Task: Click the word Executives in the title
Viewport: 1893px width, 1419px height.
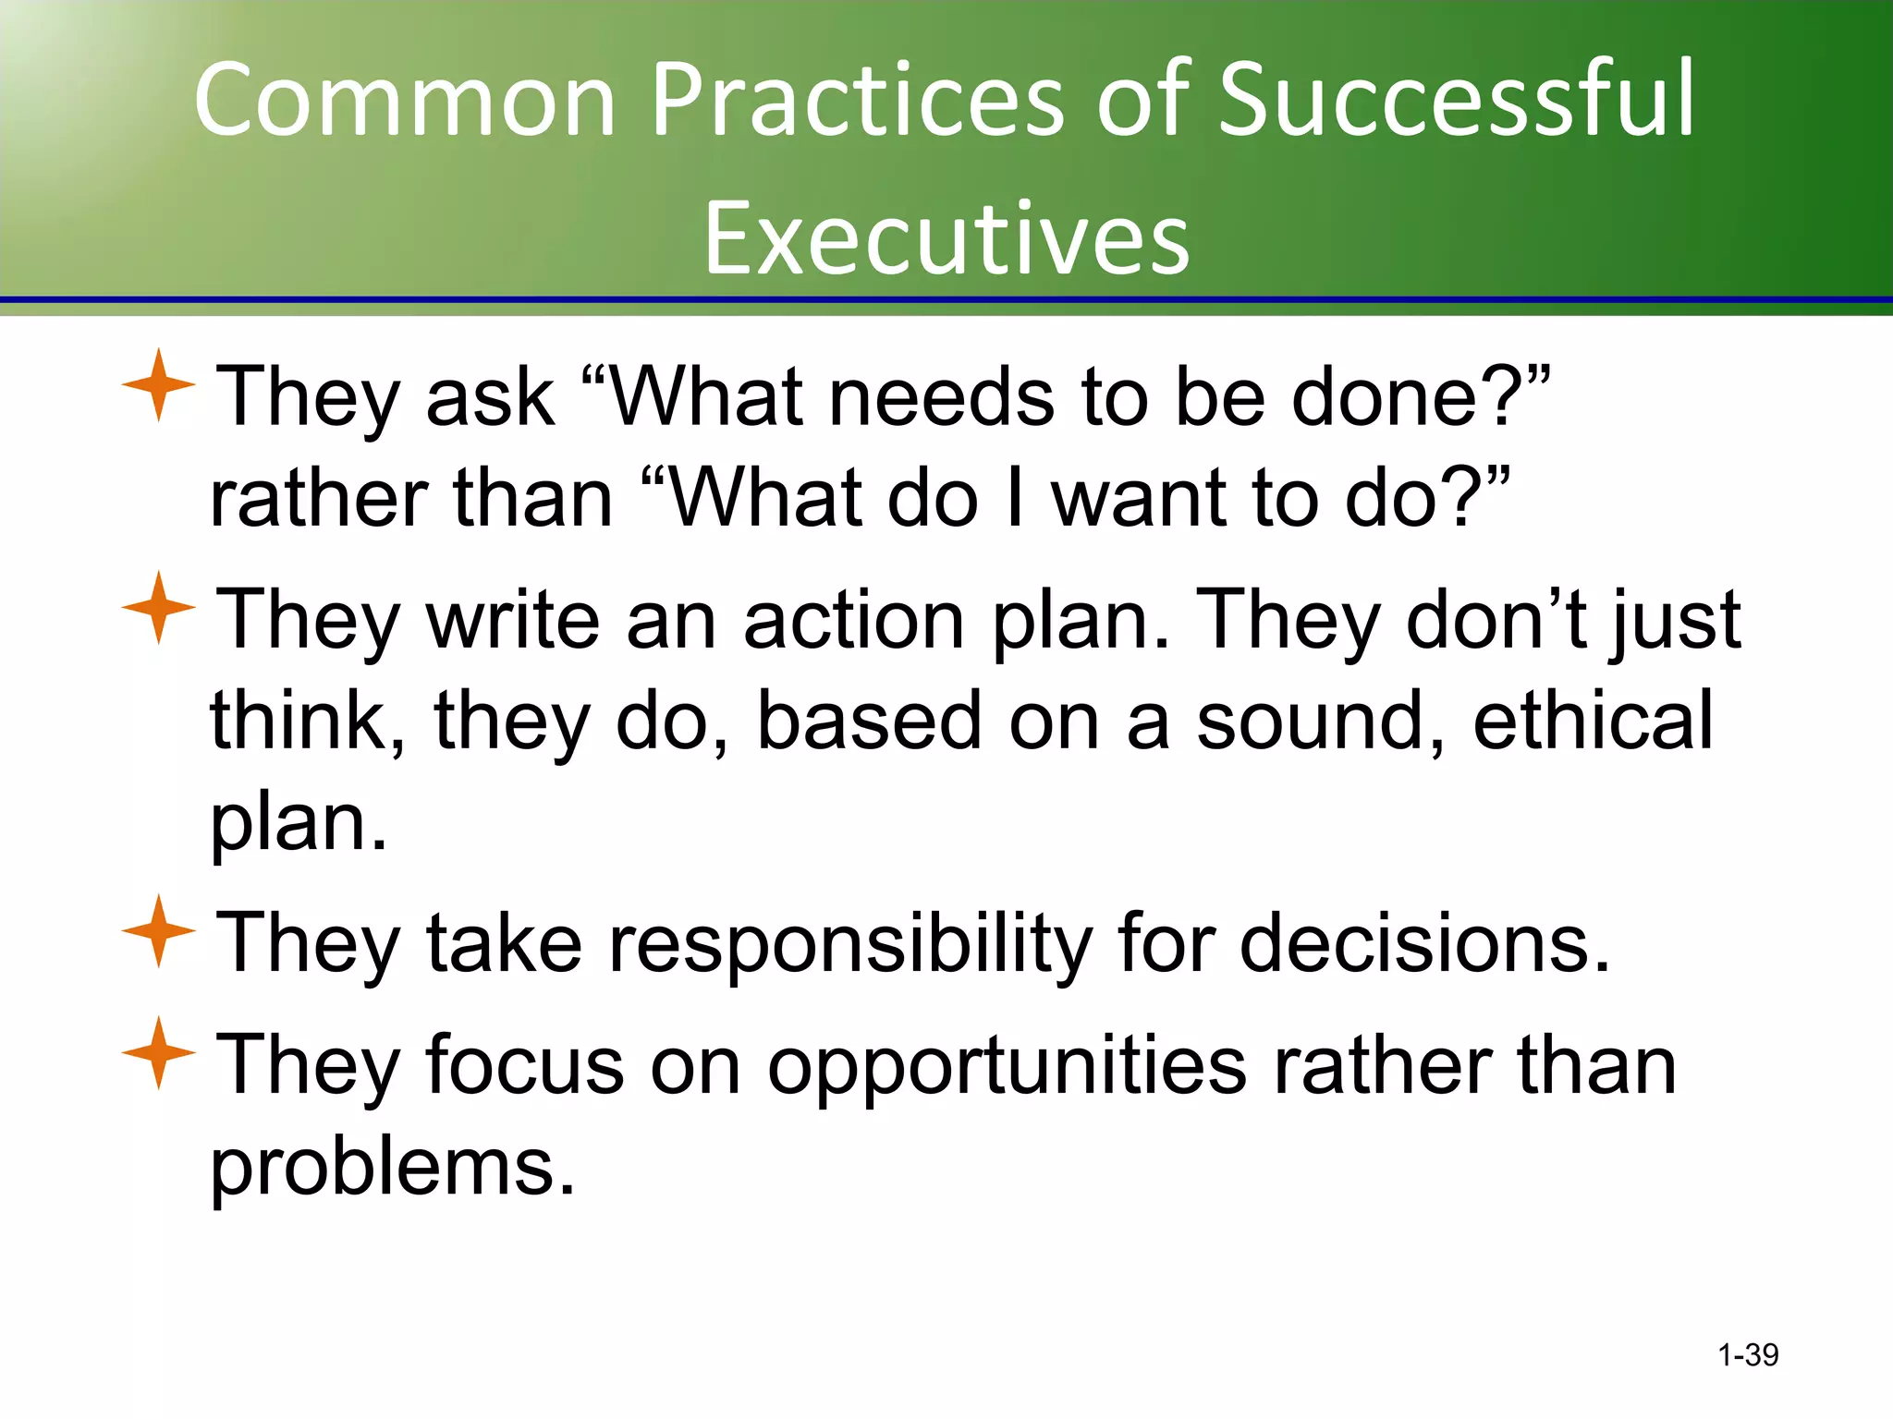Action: click(946, 239)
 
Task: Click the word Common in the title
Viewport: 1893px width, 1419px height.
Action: click(405, 99)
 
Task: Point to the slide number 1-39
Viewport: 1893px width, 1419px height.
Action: click(1748, 1355)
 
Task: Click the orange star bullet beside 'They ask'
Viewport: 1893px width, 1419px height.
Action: click(158, 385)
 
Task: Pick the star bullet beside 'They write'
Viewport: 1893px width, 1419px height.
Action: click(158, 608)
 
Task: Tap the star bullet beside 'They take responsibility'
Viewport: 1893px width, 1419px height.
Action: click(158, 931)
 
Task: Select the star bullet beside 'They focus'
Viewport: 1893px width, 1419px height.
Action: click(158, 1053)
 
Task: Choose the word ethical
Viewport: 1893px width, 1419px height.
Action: click(1593, 721)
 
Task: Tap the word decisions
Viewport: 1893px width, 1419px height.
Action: click(1423, 944)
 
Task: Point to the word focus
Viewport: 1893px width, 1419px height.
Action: click(525, 1067)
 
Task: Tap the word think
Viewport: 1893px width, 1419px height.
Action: click(307, 721)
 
